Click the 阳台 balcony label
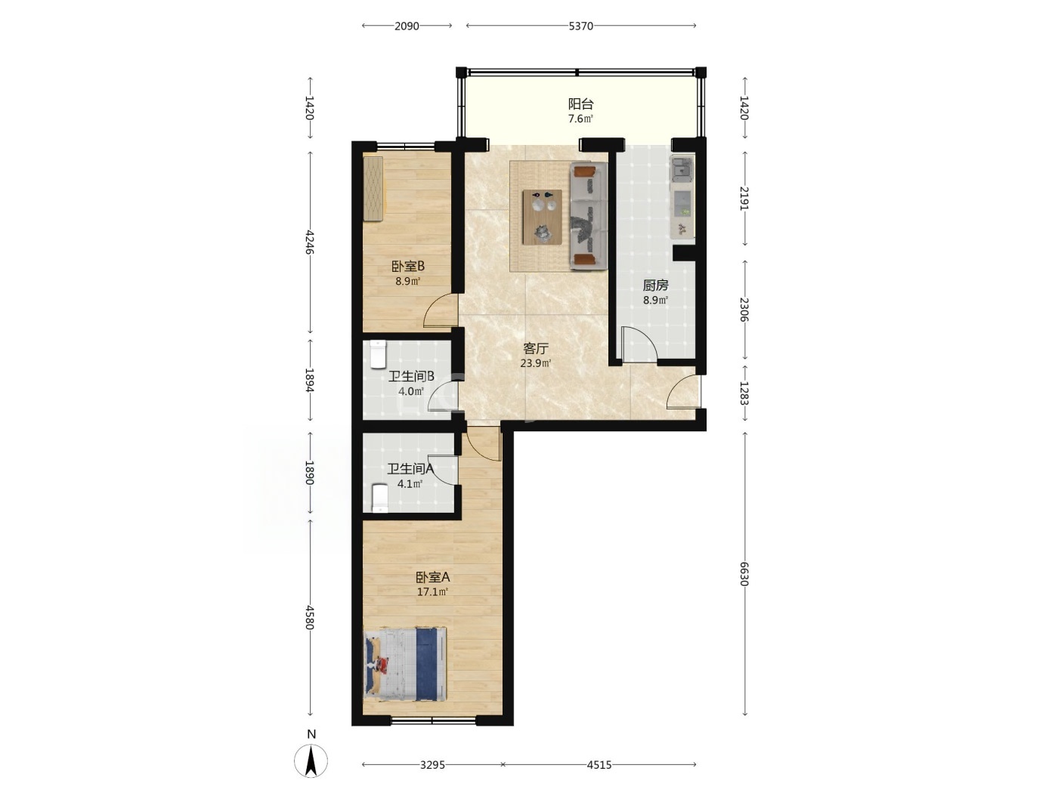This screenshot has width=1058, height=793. [x=580, y=103]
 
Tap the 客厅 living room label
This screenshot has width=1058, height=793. [x=536, y=348]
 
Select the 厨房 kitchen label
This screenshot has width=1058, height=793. [x=655, y=285]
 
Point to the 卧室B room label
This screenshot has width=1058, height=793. [x=408, y=267]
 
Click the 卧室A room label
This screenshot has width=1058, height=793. [x=432, y=577]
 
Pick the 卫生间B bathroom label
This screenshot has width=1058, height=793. [x=411, y=376]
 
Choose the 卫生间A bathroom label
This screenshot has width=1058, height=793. [x=410, y=468]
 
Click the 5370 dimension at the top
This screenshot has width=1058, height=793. [x=581, y=26]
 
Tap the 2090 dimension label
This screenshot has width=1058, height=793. [x=407, y=26]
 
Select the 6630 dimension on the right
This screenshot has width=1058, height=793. [x=744, y=574]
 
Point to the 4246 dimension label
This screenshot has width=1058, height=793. [x=310, y=243]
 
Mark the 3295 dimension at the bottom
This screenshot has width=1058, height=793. [x=432, y=764]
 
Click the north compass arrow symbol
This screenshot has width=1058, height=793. [x=311, y=761]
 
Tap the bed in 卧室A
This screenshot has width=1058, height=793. [x=405, y=664]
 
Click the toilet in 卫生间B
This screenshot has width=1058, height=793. [x=379, y=354]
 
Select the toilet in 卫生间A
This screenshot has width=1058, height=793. [x=380, y=498]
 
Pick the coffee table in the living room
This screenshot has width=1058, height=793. [x=543, y=217]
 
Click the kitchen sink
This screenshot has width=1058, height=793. [x=682, y=169]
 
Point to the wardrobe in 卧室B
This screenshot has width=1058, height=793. [x=373, y=189]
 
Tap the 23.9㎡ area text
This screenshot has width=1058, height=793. [x=536, y=363]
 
